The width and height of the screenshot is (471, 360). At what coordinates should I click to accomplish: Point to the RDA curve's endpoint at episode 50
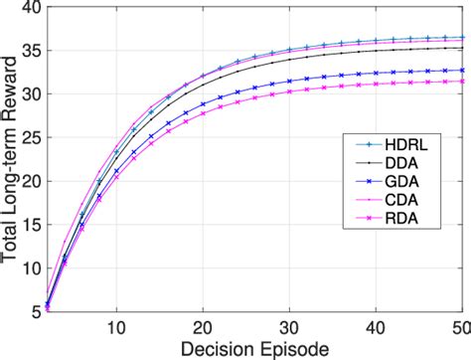pyautogui.click(x=463, y=82)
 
